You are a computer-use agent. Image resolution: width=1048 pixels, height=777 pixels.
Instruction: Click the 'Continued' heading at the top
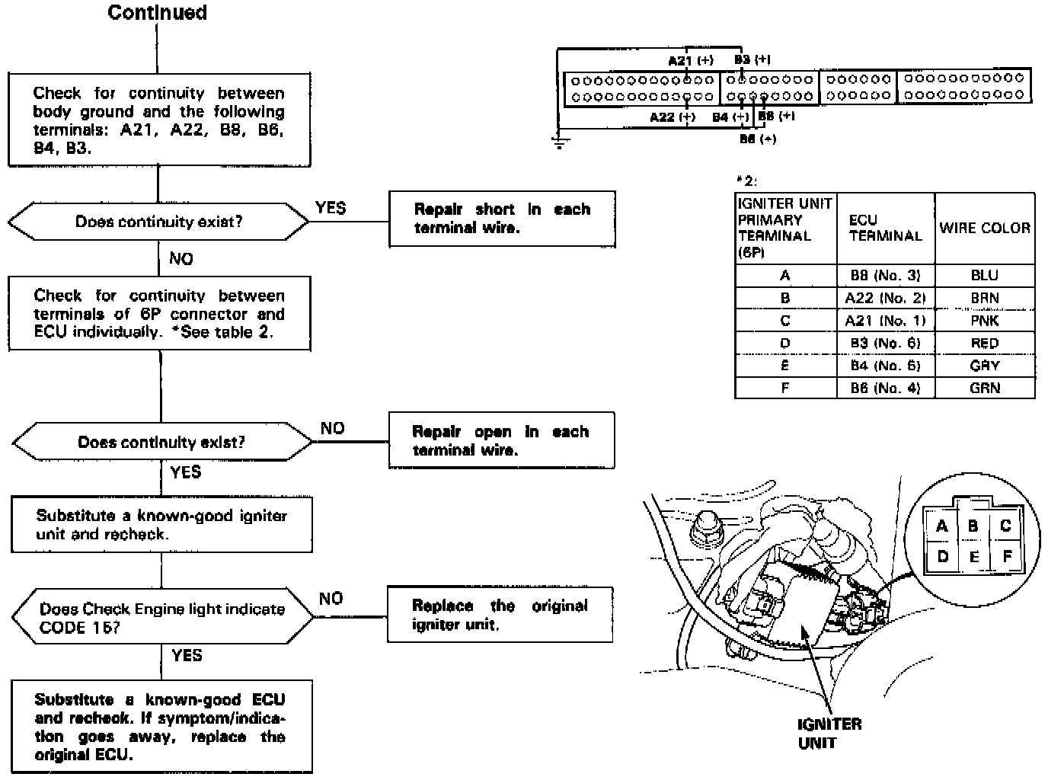point(157,13)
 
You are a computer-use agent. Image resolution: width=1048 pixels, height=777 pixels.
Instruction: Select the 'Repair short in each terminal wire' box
point(502,219)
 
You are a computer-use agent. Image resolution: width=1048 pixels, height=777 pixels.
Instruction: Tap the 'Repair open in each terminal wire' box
point(501,440)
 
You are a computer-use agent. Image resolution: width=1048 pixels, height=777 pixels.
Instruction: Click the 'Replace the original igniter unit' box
point(500,615)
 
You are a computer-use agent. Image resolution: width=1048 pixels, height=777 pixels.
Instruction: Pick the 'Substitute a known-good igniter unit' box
point(161,525)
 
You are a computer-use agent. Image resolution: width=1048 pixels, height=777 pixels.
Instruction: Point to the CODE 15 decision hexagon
point(162,618)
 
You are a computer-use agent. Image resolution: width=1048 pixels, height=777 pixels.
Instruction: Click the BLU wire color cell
point(984,276)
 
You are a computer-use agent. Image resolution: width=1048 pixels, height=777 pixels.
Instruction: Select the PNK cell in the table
point(984,321)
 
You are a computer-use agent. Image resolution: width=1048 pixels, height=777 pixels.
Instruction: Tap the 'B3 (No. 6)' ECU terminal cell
point(885,344)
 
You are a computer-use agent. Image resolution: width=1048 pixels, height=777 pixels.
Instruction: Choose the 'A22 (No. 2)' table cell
point(885,298)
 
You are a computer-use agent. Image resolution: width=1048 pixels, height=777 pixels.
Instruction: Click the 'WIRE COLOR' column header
point(984,228)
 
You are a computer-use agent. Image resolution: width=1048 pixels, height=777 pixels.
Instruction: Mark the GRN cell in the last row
point(984,388)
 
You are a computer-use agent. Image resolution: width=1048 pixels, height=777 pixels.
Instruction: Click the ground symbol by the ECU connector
point(559,142)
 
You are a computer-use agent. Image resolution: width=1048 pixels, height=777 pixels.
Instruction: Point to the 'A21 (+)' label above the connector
point(690,60)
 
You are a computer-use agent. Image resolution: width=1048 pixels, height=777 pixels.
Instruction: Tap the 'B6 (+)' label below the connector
point(758,139)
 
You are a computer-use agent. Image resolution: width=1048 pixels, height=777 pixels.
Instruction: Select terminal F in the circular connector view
point(1007,557)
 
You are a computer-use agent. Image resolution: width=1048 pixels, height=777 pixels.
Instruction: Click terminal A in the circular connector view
point(942,526)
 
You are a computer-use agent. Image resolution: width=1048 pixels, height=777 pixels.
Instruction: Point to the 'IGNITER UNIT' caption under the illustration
point(829,733)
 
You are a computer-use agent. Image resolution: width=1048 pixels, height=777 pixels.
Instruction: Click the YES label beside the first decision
point(330,208)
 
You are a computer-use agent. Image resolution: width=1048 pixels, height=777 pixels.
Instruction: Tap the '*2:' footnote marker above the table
point(746,181)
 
